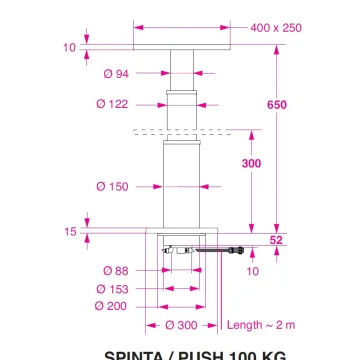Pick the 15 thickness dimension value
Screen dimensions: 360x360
pos(71,232)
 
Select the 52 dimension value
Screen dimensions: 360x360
pos(277,239)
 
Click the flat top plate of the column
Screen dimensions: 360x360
pos(180,47)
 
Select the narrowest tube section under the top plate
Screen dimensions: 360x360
pos(180,72)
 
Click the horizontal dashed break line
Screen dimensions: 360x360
pos(180,131)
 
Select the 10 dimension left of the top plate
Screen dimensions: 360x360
pos(69,47)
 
